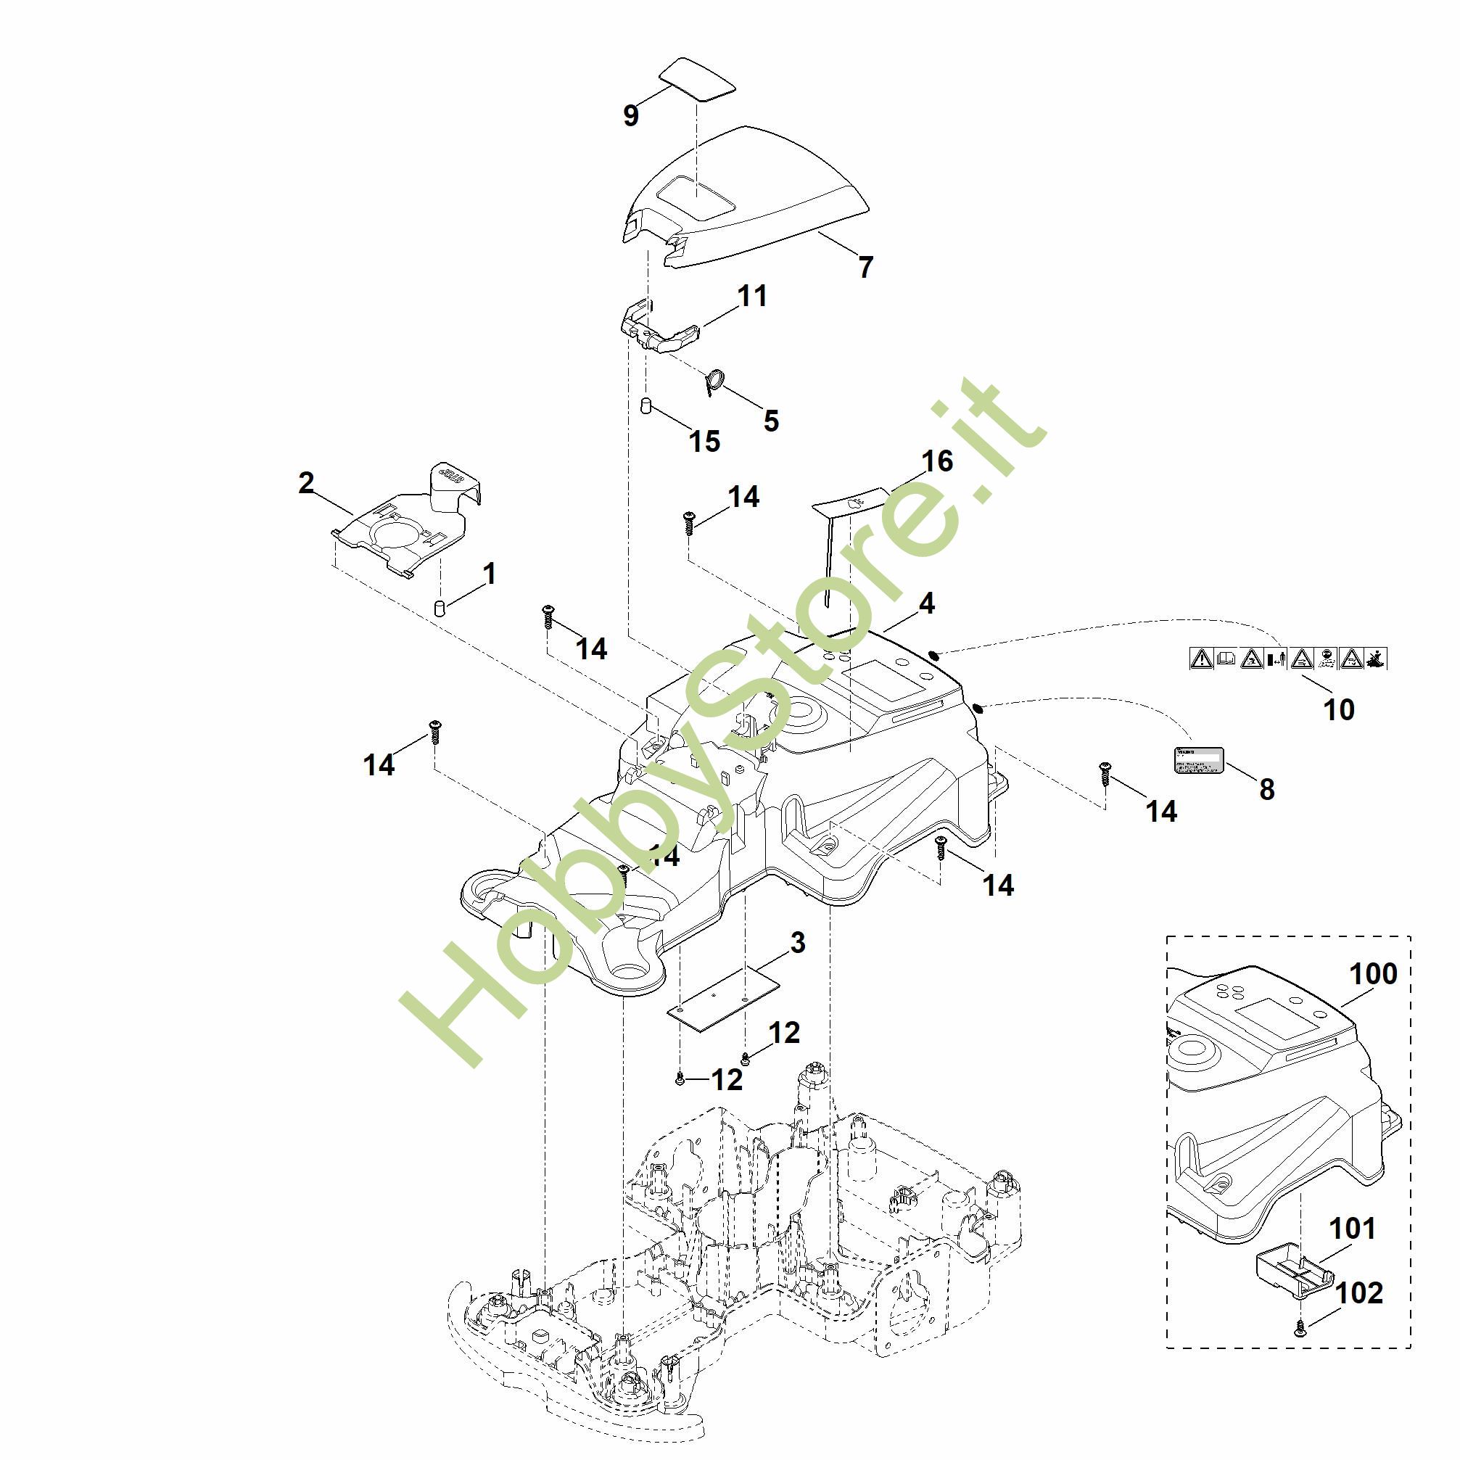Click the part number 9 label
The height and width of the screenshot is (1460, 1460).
[630, 115]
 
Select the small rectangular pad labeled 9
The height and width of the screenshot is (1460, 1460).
[697, 77]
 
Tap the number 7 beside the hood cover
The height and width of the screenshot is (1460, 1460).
[866, 267]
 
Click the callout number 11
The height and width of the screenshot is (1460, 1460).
[752, 295]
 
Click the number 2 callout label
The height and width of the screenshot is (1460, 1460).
[306, 483]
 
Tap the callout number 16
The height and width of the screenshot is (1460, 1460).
[937, 461]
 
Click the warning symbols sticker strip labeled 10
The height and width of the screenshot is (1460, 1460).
[1287, 659]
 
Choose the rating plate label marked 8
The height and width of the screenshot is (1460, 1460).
[1198, 759]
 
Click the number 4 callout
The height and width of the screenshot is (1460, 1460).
[926, 603]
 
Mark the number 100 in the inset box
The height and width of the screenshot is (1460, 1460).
[1373, 974]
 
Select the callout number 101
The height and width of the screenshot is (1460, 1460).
[1352, 1229]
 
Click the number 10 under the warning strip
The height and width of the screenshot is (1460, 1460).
[1339, 709]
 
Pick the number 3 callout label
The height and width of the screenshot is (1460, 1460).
[798, 942]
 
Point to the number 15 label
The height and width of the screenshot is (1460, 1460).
[704, 441]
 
